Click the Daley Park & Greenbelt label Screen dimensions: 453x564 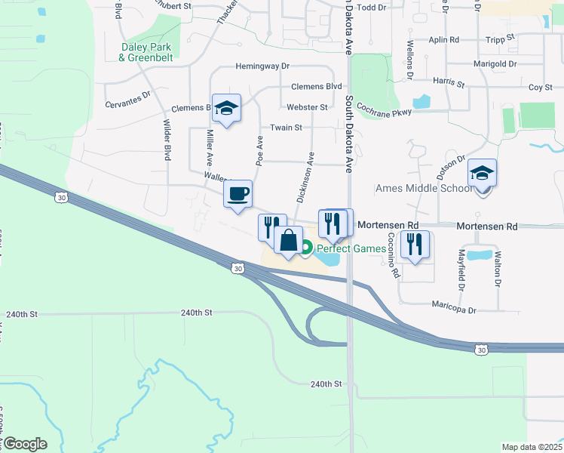pos(146,51)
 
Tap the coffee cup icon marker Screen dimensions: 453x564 pos(238,195)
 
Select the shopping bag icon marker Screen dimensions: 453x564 pos(289,242)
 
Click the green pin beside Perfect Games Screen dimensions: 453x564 pos(307,247)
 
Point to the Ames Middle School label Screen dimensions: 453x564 pos(425,188)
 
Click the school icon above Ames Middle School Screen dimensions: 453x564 pos(482,174)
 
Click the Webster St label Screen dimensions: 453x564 pos(307,107)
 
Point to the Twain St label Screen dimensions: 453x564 pos(287,128)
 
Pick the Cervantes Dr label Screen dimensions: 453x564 pos(128,95)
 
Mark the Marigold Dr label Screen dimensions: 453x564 pos(495,64)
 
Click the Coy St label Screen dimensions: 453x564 pos(540,88)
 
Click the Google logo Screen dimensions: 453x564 pos(24,444)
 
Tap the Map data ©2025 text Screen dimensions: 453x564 pos(531,447)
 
